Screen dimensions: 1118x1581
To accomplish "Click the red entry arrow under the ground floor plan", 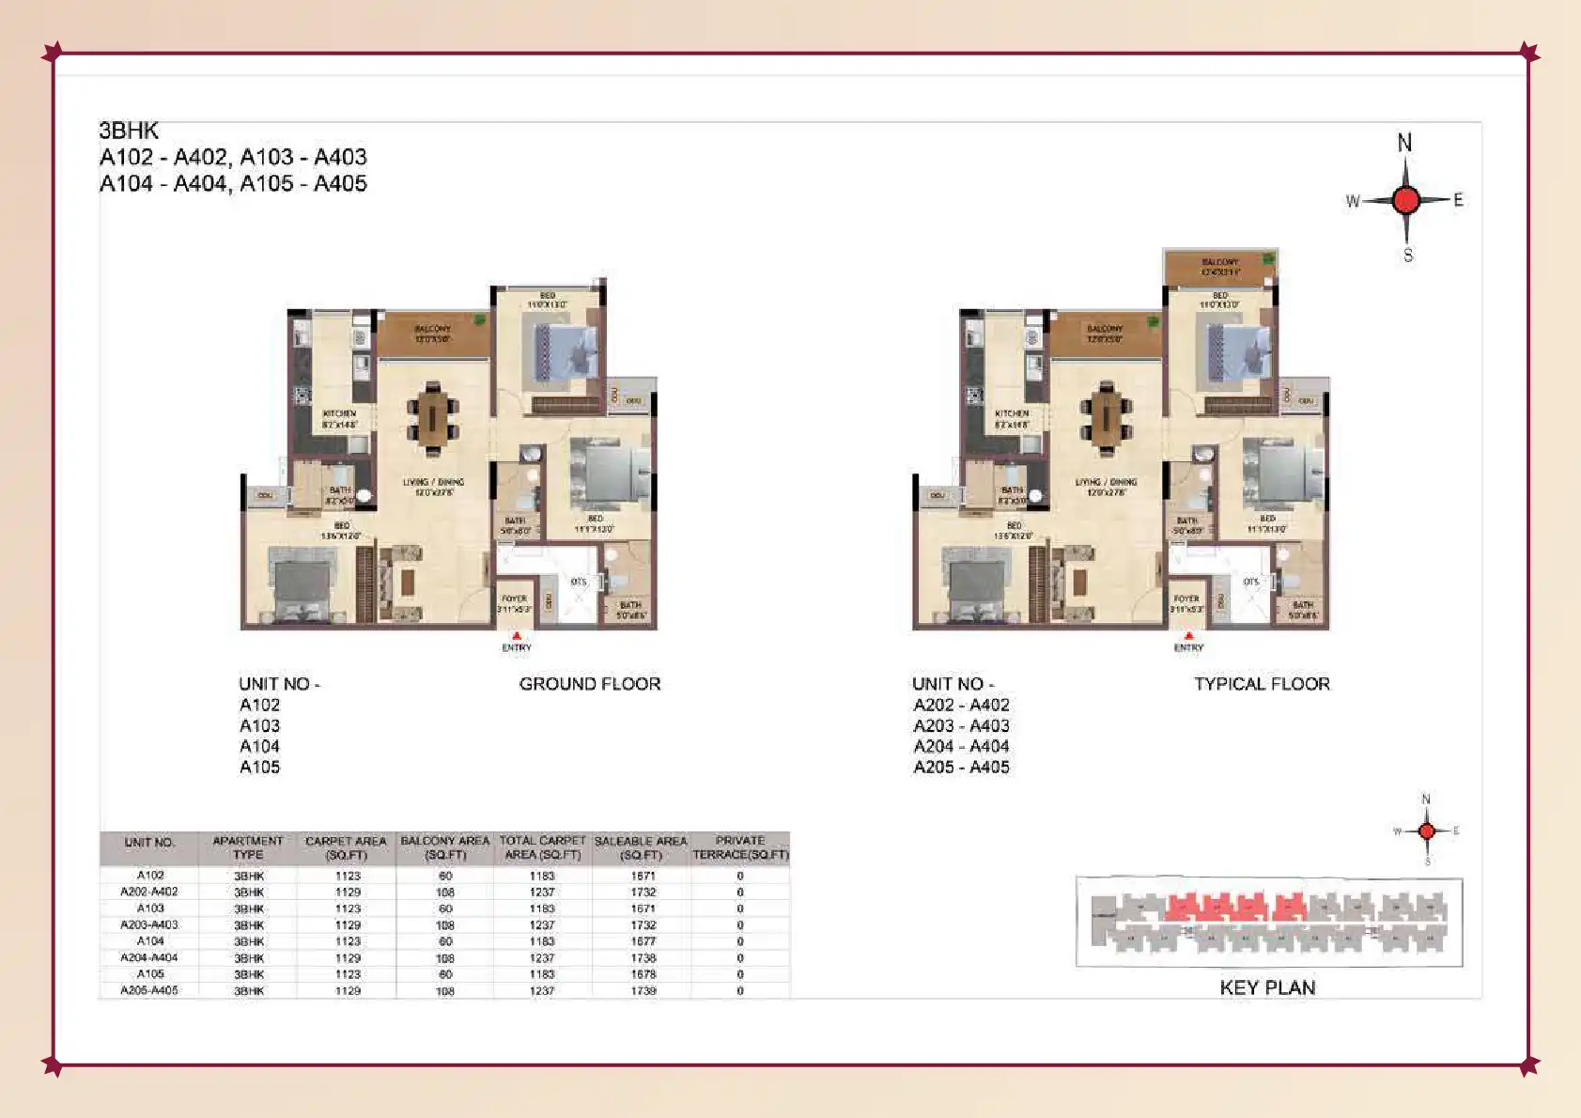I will point(517,636).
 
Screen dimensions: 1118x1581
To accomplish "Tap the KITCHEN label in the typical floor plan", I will point(1012,414).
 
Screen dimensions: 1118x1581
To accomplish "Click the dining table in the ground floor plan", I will point(433,415).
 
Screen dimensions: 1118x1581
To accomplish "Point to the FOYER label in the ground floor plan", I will point(514,598).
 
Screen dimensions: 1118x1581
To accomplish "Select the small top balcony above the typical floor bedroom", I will point(1219,267).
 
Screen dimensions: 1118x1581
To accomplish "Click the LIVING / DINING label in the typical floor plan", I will point(1106,482).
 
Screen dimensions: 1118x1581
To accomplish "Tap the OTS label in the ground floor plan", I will point(579,582).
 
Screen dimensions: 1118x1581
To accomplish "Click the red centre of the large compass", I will point(1406,200).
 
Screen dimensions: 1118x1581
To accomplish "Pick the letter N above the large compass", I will point(1404,143).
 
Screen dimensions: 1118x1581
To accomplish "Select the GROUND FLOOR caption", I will point(590,684).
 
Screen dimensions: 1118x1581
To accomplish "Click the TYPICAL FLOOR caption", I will point(1262,684).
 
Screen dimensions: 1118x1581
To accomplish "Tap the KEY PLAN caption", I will point(1267,987).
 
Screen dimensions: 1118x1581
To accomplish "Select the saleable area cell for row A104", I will point(643,941).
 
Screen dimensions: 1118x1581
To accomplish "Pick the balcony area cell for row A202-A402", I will point(445,893).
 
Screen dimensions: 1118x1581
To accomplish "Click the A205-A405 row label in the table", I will point(149,990).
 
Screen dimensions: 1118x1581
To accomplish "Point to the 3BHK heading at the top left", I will point(129,131).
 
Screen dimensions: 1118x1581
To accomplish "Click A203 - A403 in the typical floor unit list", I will point(961,725).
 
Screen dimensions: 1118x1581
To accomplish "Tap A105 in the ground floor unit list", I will point(259,767).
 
